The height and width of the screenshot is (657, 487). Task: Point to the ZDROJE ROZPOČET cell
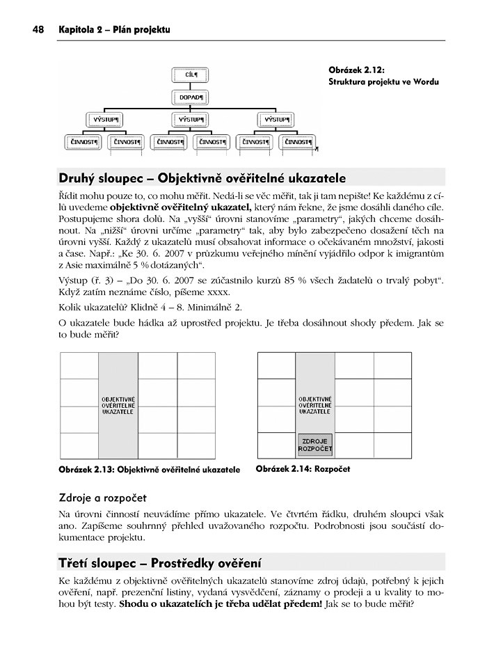[x=315, y=445]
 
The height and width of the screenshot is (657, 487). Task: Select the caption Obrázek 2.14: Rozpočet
[x=303, y=469]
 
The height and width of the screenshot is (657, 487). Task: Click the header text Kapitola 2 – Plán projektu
[x=115, y=29]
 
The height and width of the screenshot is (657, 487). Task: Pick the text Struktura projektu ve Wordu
[x=383, y=81]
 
